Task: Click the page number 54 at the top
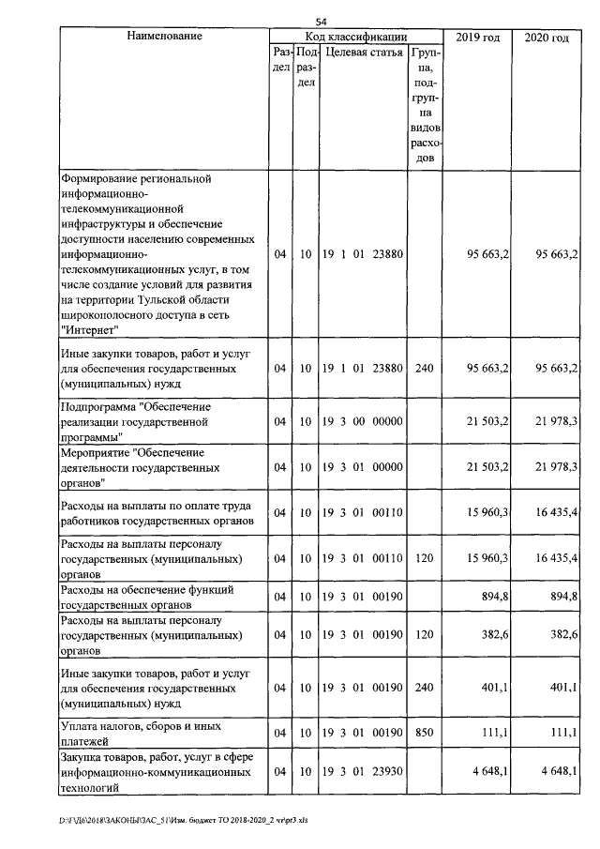tap(321, 21)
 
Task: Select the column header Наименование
tap(163, 38)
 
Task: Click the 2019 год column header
tap(477, 38)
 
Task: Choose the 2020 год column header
tap(547, 38)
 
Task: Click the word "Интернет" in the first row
tap(88, 331)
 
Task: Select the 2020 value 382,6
tap(562, 635)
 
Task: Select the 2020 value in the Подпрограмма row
tap(556, 422)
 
